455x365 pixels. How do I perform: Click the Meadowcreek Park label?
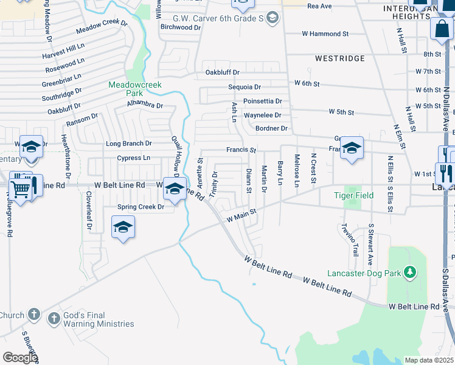[135, 89]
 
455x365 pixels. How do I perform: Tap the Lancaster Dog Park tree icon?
[411, 272]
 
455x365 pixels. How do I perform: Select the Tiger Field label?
[352, 195]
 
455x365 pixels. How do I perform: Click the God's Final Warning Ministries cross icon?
[54, 318]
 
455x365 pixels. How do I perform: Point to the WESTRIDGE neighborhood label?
[340, 58]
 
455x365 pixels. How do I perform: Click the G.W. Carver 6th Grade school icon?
[273, 19]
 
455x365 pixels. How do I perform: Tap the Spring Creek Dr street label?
[141, 207]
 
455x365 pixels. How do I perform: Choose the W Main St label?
[242, 215]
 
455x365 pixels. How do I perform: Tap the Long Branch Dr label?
[128, 144]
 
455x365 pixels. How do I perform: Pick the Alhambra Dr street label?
[145, 105]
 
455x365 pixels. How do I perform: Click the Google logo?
[20, 358]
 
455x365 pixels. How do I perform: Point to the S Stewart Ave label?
[370, 245]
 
